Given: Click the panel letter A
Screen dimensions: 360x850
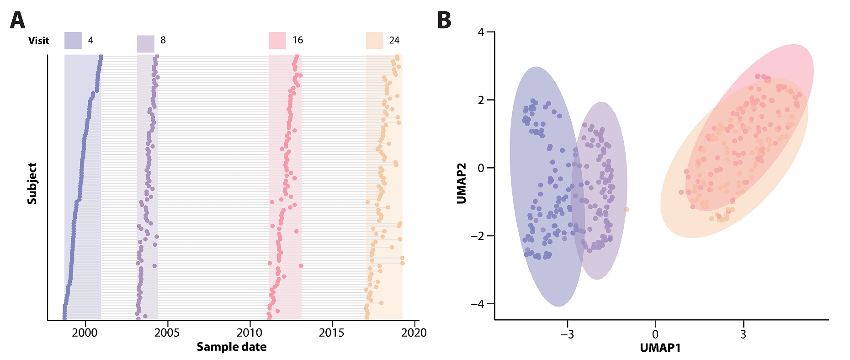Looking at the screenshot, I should point(17,21).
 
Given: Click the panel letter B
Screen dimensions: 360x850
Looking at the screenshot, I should point(444,21).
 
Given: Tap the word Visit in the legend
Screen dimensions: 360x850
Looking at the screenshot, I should point(38,41).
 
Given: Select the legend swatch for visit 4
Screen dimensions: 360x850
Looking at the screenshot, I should point(73,40).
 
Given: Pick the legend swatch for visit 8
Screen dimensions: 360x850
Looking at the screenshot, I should point(146,44).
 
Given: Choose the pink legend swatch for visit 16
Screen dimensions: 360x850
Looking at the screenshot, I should point(277,40).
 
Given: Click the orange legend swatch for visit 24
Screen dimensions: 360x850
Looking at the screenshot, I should point(374,40).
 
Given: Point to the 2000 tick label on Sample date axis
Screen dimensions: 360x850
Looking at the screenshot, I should point(85,333).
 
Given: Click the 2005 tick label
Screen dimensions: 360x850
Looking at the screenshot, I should point(167,333).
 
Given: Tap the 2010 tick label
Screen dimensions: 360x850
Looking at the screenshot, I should point(250,333).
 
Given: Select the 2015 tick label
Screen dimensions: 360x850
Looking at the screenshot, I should point(331,333).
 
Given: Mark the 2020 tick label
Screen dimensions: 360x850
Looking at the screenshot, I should point(414,333).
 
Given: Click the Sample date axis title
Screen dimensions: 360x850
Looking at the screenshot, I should point(232,347).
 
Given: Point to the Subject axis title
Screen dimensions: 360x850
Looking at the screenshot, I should point(32,183).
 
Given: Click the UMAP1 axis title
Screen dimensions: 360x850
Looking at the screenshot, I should point(660,348).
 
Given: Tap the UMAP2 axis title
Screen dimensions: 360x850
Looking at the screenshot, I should point(462,183).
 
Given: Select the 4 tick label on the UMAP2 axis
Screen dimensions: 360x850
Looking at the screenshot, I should point(480,32).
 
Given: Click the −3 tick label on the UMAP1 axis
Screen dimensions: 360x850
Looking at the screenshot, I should point(567,334).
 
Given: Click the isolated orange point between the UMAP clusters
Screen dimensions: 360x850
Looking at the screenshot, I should point(627,210).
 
